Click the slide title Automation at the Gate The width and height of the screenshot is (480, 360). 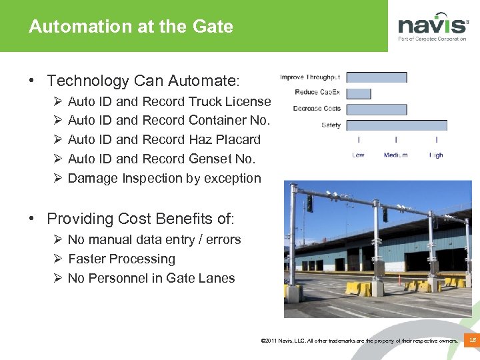tap(131, 27)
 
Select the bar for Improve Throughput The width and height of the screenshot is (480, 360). tap(376, 77)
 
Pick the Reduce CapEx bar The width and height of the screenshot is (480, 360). tap(359, 93)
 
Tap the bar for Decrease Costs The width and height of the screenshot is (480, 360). tap(376, 109)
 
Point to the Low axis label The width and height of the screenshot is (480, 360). tap(359, 155)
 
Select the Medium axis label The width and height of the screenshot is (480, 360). tap(396, 155)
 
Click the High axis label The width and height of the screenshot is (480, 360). tap(436, 155)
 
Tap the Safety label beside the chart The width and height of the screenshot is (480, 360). tap(331, 125)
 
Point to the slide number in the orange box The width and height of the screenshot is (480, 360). tap(473, 340)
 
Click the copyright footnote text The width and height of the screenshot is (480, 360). tap(360, 341)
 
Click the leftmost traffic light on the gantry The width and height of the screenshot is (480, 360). tap(309, 203)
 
